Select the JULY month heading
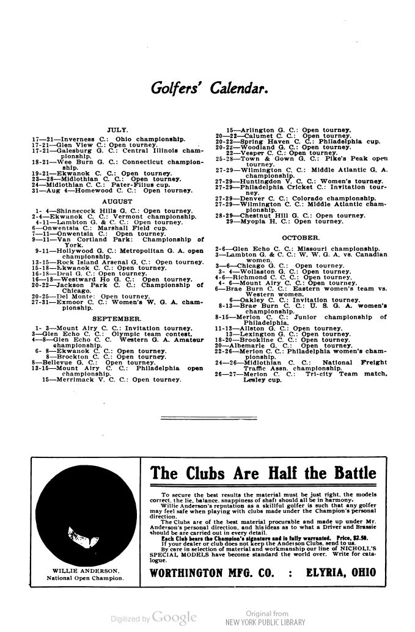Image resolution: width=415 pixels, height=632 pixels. pyautogui.click(x=116, y=130)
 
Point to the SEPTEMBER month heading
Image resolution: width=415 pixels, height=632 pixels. pyautogui.click(x=117, y=319)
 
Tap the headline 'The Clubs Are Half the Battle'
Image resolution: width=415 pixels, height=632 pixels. pyautogui.click(x=264, y=473)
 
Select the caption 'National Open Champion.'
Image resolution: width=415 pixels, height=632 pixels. pyautogui.click(x=78, y=578)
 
